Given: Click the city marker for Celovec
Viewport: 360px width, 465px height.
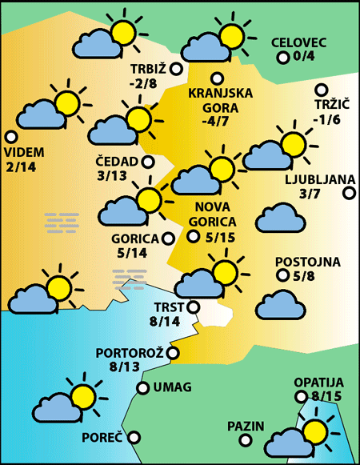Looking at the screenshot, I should (282, 57).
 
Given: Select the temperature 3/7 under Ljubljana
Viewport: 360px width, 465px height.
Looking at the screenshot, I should (309, 194).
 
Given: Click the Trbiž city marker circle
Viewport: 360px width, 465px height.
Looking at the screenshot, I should (176, 70).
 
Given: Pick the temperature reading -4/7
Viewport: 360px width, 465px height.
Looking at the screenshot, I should (216, 122).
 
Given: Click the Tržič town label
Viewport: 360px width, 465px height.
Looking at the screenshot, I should (328, 105).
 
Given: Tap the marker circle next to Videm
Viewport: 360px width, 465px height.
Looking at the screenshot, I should (10, 137).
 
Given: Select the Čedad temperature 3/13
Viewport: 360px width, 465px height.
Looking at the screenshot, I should (111, 175).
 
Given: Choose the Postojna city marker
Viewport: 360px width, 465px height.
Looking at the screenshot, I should (282, 275).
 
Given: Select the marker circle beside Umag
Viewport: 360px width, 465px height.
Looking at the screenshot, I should (143, 388).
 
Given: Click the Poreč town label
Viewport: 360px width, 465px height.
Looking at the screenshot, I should (102, 438).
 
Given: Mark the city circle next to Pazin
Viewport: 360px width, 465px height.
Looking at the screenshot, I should (272, 426).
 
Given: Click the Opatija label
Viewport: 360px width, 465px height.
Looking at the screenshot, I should (318, 383).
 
